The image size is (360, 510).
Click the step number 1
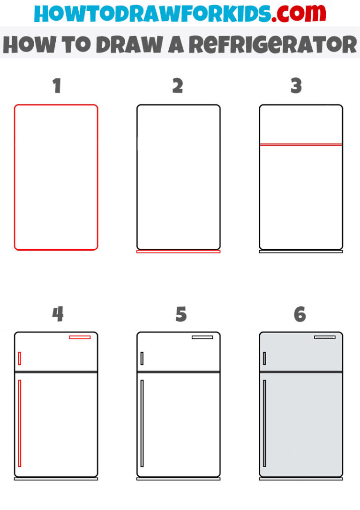coord(57,86)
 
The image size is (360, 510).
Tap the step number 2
coord(178,86)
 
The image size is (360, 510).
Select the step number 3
coord(296,86)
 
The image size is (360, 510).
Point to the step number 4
coord(58,314)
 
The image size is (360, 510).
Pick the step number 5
coord(181,314)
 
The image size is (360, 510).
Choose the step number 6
coord(300,314)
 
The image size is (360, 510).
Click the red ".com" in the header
coord(293,14)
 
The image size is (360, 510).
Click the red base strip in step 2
coord(178,252)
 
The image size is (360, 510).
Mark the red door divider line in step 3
coord(301,145)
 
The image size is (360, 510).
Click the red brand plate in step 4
coord(80,337)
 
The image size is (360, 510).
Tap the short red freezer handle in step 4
coord(19,358)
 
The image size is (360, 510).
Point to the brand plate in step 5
coord(202,337)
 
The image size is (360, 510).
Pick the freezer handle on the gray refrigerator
coord(264,358)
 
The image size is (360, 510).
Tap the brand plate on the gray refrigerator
coord(324,337)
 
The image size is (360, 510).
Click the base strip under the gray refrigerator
coord(301,479)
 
